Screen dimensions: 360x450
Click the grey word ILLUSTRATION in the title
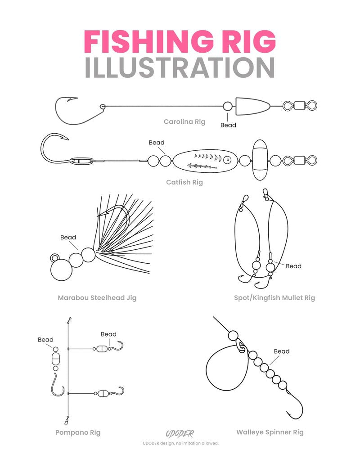coord(180,68)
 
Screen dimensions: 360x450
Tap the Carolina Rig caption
coord(184,121)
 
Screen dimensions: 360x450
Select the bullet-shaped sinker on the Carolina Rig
coord(252,107)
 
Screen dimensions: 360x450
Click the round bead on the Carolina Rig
coord(228,107)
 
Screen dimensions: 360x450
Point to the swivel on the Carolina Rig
coord(300,106)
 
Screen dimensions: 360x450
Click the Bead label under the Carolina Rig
coord(228,125)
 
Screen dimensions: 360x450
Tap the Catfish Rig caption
coord(184,182)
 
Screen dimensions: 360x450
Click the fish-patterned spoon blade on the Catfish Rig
coord(205,161)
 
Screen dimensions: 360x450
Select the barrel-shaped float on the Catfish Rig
coord(260,160)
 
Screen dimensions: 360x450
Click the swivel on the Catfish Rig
coord(300,160)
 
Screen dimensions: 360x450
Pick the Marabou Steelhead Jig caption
coord(97,298)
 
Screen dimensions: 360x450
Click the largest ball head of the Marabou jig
coord(62,270)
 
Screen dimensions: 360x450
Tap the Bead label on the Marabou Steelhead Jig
coord(68,237)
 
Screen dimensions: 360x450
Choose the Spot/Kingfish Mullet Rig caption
coord(274,298)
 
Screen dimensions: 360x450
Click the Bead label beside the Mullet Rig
coord(293,266)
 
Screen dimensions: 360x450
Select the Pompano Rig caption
coord(78,432)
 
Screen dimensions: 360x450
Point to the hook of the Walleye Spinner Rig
coord(295,404)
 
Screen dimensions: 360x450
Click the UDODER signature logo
coord(180,433)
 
